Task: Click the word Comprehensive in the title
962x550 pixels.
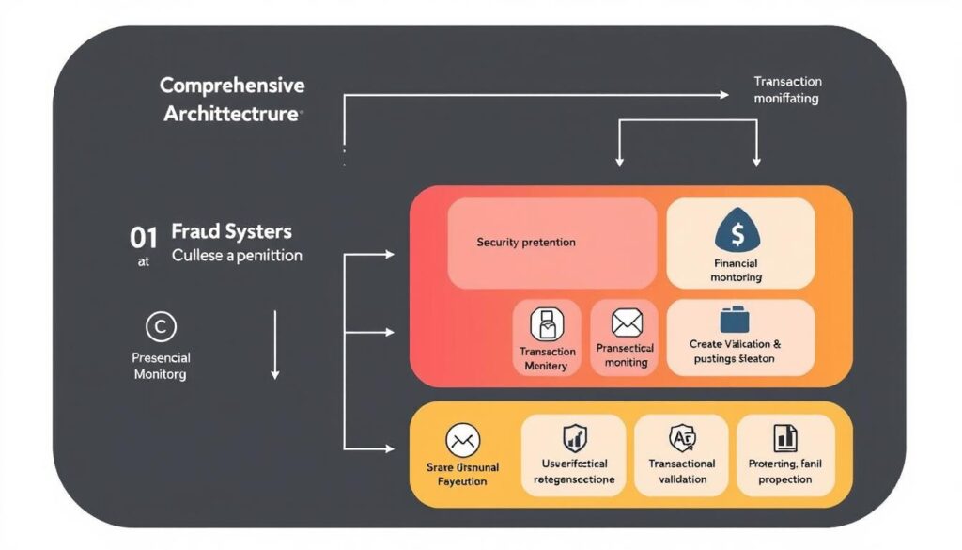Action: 232,86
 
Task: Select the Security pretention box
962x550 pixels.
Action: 551,243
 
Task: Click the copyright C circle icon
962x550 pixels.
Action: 161,326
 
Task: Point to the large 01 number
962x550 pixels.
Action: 143,237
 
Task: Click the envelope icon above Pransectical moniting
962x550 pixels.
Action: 627,323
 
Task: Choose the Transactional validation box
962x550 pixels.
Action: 682,457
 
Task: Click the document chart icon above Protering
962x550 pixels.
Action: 784,437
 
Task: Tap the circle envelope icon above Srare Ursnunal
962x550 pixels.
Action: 462,439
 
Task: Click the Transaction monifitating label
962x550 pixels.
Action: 787,90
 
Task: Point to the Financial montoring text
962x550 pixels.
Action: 737,271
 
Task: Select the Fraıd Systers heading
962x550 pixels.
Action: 232,231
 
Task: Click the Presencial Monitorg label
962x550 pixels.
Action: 161,366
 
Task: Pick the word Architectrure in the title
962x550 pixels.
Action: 232,115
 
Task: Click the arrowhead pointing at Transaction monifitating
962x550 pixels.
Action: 723,94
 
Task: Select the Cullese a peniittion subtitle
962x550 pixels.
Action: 237,256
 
